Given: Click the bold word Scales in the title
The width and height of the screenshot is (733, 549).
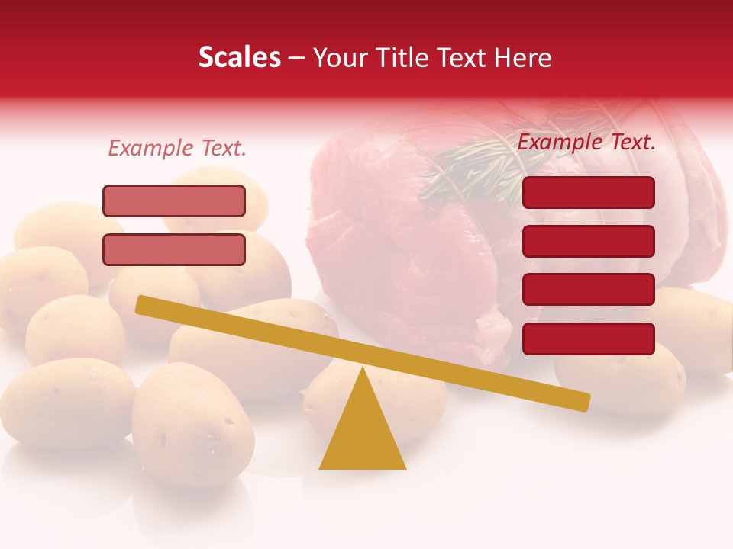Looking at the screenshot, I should (239, 58).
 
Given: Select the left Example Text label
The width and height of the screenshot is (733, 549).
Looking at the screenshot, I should (177, 148).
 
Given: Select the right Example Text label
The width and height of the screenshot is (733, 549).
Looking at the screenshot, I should (586, 142).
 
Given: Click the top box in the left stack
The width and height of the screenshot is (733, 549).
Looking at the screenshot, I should (174, 201).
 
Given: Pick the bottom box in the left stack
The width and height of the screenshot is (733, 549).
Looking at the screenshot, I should (174, 249).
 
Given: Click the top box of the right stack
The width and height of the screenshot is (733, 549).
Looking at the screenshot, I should (588, 192).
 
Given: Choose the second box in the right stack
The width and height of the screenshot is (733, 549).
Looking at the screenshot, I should (588, 241).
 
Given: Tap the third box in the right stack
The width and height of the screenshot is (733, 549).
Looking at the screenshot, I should (588, 290).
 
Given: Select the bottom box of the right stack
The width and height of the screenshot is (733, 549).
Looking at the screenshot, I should (588, 339).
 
